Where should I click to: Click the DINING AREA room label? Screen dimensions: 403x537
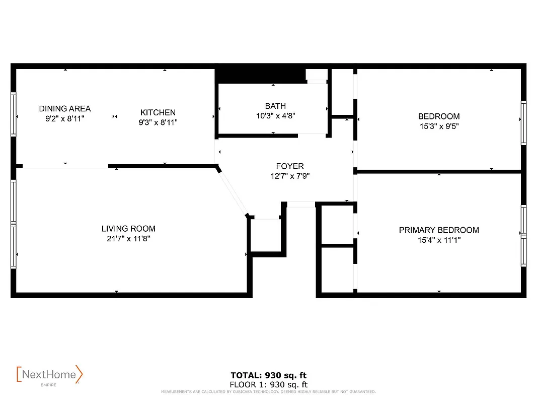[65, 109]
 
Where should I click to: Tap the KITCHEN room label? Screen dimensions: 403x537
[158, 112]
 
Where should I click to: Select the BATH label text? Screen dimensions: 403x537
[275, 106]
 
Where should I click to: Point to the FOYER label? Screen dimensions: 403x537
[290, 166]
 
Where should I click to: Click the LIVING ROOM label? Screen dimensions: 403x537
[128, 229]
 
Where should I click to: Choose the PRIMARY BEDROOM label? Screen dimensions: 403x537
[439, 230]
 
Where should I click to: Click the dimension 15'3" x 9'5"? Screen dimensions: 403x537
[439, 126]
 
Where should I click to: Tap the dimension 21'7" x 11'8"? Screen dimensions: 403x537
[128, 239]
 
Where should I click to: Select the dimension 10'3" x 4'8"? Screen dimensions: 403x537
[275, 115]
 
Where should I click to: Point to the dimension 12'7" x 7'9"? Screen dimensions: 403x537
[290, 176]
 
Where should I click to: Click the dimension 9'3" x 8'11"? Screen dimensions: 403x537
[158, 122]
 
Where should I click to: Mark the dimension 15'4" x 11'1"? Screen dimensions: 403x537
[439, 240]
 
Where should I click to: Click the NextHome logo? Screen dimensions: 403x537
[49, 375]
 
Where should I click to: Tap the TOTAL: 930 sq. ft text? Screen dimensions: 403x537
[268, 375]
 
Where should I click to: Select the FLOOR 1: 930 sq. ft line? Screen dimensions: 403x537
[268, 385]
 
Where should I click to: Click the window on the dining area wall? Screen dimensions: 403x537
[14, 113]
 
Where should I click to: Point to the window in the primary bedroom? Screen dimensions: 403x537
[523, 236]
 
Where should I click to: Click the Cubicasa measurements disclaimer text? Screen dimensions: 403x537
[268, 392]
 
